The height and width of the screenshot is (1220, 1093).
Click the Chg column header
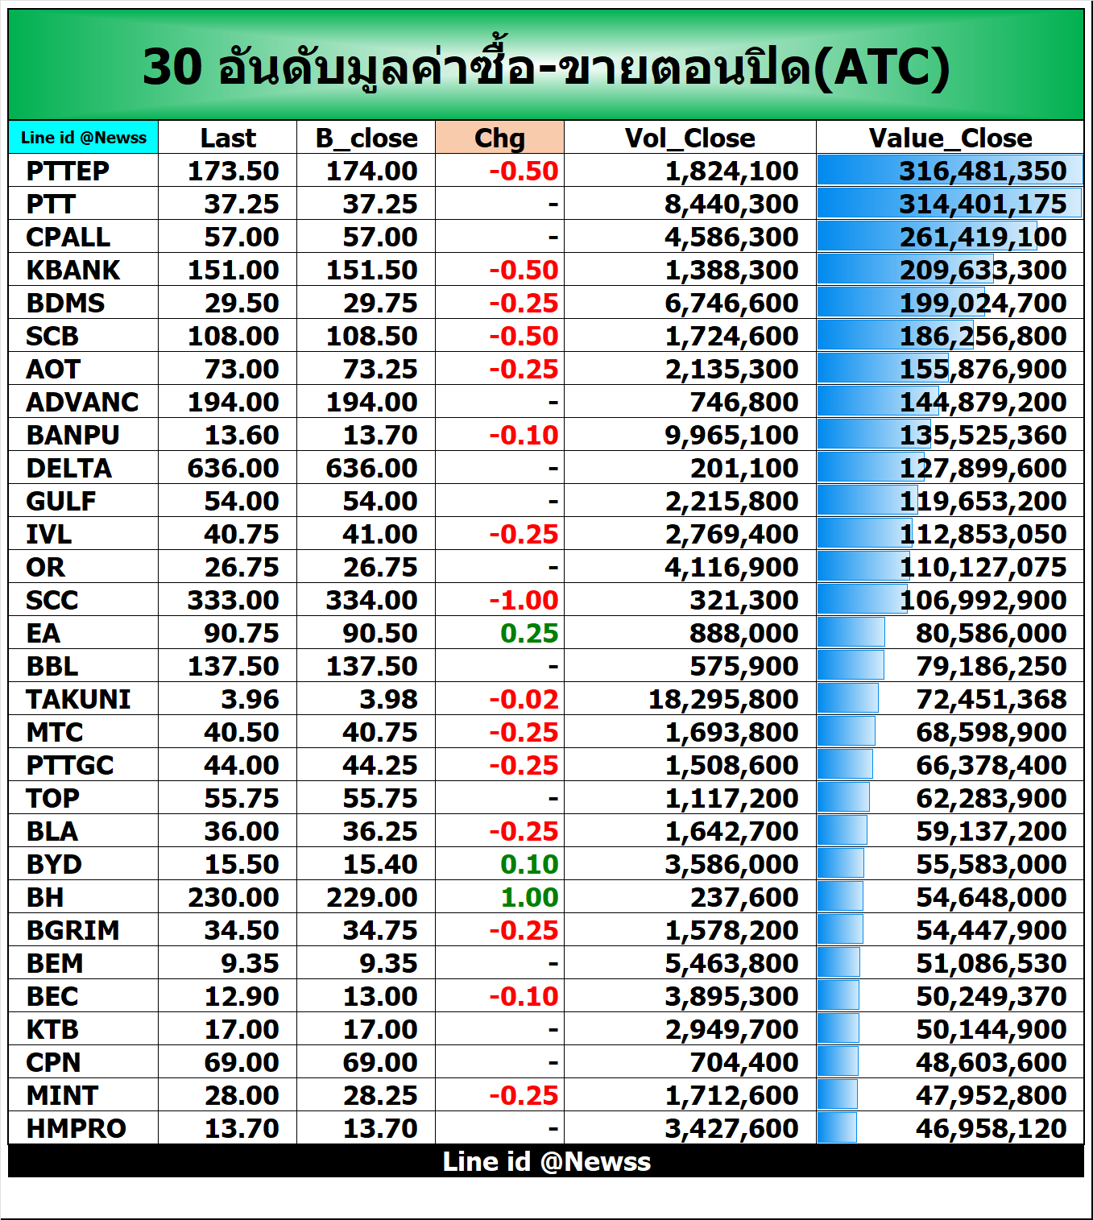point(499,138)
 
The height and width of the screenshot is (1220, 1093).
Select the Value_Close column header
point(950,138)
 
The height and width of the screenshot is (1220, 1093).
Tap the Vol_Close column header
point(689,138)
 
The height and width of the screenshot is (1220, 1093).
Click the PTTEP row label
point(68,171)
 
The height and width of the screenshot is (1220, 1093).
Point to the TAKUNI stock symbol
point(78,699)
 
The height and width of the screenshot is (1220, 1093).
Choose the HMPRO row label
point(76,1128)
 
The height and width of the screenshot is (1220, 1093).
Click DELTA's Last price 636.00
point(233,468)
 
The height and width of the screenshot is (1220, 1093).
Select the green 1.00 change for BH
point(529,897)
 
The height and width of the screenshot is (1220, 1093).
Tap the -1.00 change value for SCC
point(524,600)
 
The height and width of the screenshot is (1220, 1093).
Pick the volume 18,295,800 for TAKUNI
point(723,699)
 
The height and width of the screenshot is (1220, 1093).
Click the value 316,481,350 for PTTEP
point(983,171)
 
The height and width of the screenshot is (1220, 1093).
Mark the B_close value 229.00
point(371,897)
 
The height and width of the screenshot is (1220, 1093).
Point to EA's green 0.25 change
point(529,633)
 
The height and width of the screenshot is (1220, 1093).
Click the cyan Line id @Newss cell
point(84,138)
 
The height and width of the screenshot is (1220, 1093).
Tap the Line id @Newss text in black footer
point(546,1161)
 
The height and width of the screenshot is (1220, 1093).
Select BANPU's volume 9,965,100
point(731,435)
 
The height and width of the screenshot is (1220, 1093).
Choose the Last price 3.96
point(250,699)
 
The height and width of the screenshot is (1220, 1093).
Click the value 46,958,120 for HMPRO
point(991,1128)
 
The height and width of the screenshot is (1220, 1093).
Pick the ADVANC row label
point(82,402)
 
